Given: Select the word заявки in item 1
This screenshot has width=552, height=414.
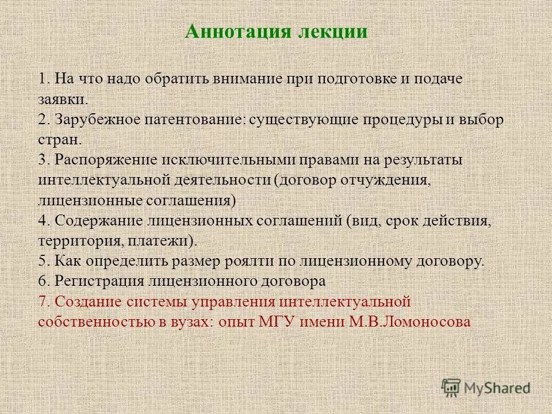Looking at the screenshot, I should pos(63,99).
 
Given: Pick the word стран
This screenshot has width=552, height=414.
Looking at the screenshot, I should pos(60,140).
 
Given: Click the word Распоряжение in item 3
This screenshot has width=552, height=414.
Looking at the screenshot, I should pos(106,160).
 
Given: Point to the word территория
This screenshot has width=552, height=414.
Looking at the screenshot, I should pos(72,241).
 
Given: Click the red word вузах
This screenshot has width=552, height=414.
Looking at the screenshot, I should pos(187,321).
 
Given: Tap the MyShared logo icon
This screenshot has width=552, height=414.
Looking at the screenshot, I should pos(451,388).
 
